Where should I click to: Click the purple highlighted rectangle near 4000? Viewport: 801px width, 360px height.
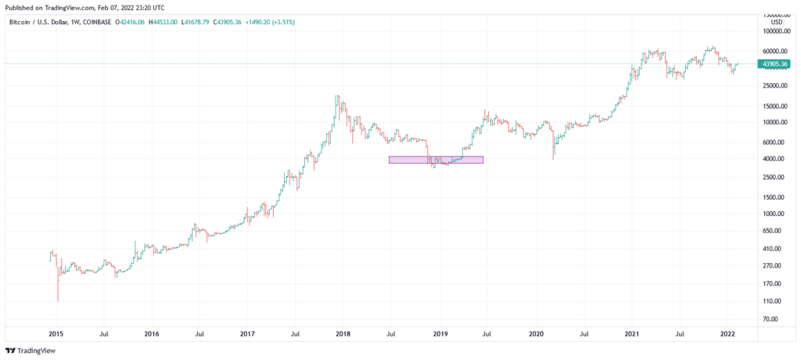click(x=436, y=160)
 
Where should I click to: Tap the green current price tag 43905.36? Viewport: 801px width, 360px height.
click(x=774, y=64)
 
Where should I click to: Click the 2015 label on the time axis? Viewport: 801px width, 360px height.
click(x=56, y=333)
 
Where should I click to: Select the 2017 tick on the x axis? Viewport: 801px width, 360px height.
click(x=247, y=333)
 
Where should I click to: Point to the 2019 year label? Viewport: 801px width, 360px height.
click(x=440, y=333)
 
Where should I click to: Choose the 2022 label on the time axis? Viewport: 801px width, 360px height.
click(x=727, y=333)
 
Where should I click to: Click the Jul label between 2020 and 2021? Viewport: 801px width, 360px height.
click(x=584, y=333)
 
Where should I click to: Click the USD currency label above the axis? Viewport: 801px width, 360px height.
click(x=777, y=22)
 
